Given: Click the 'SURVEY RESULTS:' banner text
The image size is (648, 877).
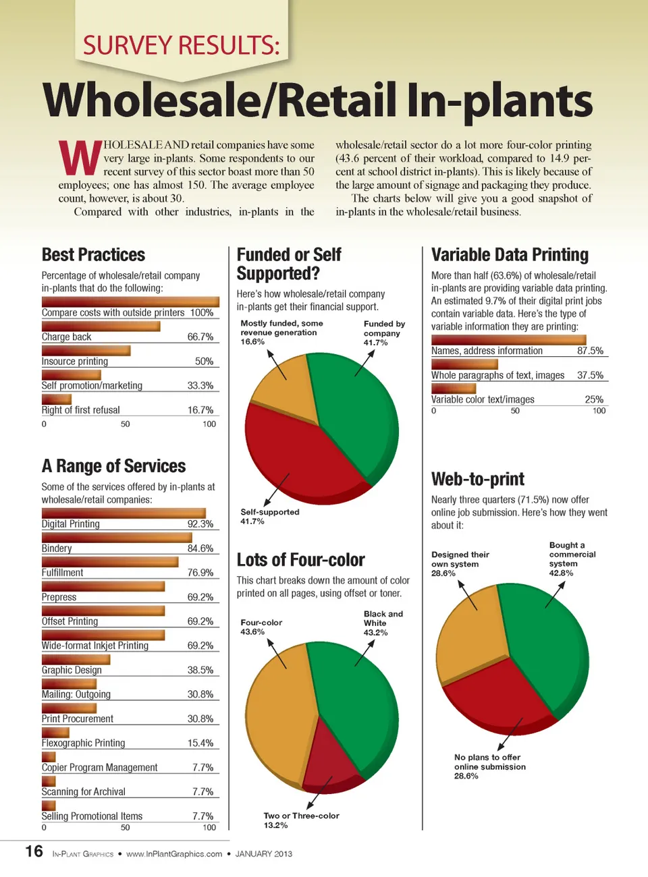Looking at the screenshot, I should [181, 45].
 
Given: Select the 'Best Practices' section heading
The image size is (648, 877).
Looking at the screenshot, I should [93, 255].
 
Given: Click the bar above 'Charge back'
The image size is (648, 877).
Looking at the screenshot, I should [101, 327].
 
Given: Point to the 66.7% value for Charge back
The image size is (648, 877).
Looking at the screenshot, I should [200, 337].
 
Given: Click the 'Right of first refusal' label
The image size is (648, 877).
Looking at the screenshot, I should [80, 410].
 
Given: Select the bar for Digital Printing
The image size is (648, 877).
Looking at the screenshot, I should [123, 513].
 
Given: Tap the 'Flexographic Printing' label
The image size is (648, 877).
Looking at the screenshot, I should [83, 743].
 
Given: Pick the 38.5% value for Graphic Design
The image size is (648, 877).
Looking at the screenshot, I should [200, 670].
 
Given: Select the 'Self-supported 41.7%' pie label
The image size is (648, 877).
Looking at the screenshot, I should [269, 517].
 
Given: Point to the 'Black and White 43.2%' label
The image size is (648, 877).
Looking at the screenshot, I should [383, 623].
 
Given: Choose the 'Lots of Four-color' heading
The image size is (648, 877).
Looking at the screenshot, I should [300, 560].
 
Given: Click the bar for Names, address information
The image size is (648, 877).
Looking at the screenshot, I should [508, 340].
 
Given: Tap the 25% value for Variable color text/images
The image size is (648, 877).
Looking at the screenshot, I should [594, 399].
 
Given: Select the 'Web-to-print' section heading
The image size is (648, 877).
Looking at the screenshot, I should [477, 479].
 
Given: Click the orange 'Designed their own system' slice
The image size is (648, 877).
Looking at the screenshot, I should [473, 634].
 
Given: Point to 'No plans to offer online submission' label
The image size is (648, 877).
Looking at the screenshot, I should [489, 766].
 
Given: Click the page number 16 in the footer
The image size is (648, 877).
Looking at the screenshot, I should [34, 851].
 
